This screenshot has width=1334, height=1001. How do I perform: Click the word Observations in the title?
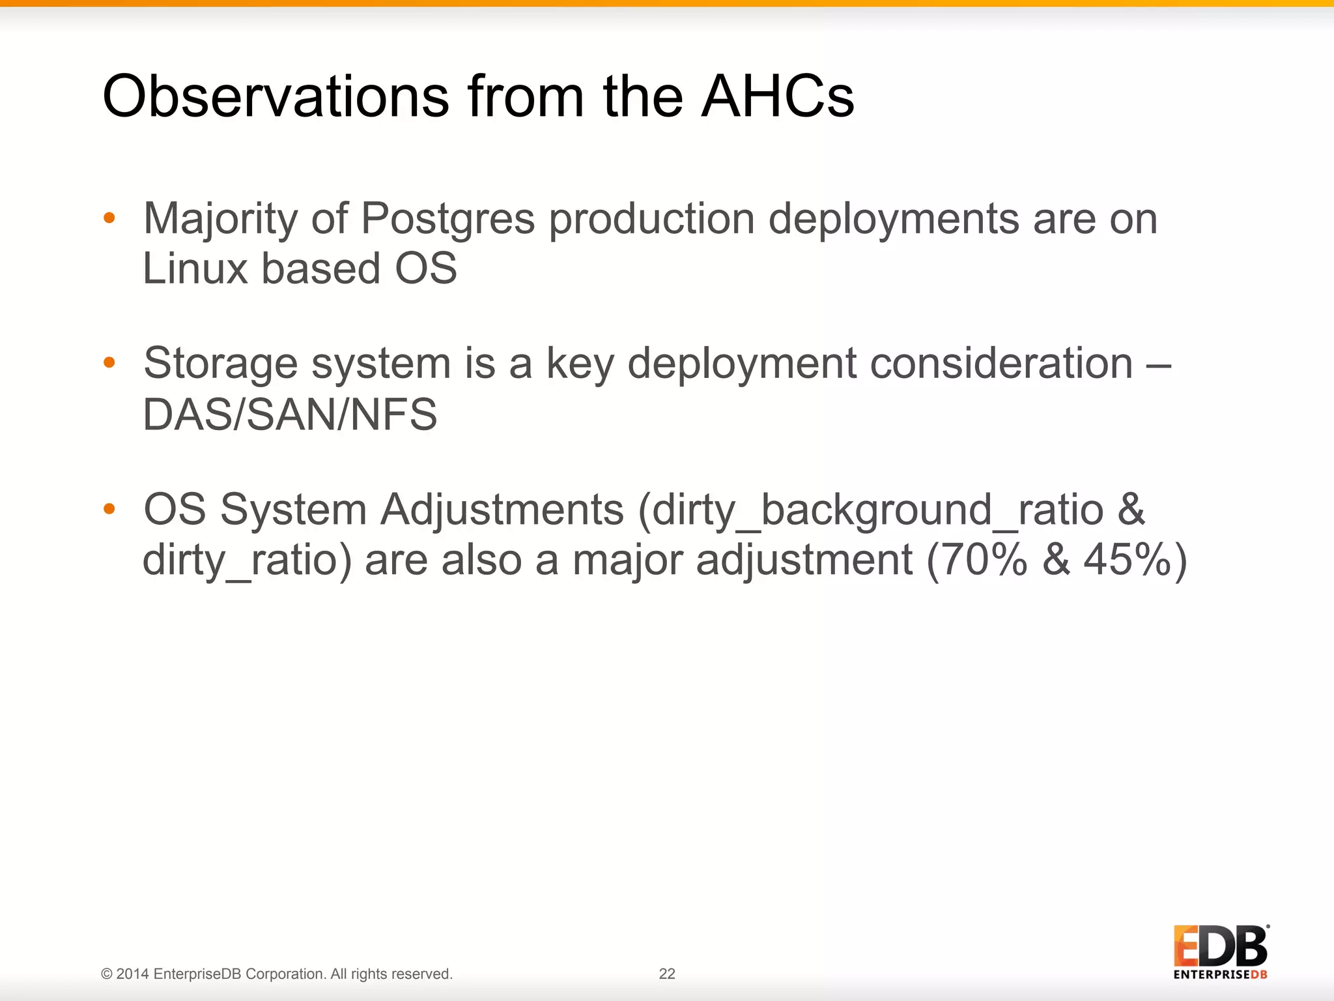pos(276,96)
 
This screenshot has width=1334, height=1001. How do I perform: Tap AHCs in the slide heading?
pos(777,96)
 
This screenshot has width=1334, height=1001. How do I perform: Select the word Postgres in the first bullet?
pos(447,218)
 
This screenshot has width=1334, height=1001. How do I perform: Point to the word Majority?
pos(220,220)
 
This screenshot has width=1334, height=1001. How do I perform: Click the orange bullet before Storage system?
pos(109,362)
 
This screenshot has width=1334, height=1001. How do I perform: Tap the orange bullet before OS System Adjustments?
pos(109,508)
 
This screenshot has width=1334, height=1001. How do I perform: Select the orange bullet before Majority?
pos(109,218)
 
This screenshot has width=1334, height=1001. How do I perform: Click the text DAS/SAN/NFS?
pos(290,414)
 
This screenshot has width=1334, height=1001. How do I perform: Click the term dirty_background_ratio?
pos(872,510)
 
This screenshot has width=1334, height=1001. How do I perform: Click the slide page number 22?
pos(667,974)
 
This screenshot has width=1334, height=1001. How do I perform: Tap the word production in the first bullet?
pos(651,220)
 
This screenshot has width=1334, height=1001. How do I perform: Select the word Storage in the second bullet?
pos(220,364)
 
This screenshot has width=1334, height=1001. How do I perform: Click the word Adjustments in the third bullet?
pos(502,510)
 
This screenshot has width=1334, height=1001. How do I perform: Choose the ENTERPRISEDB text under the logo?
pos(1220,975)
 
